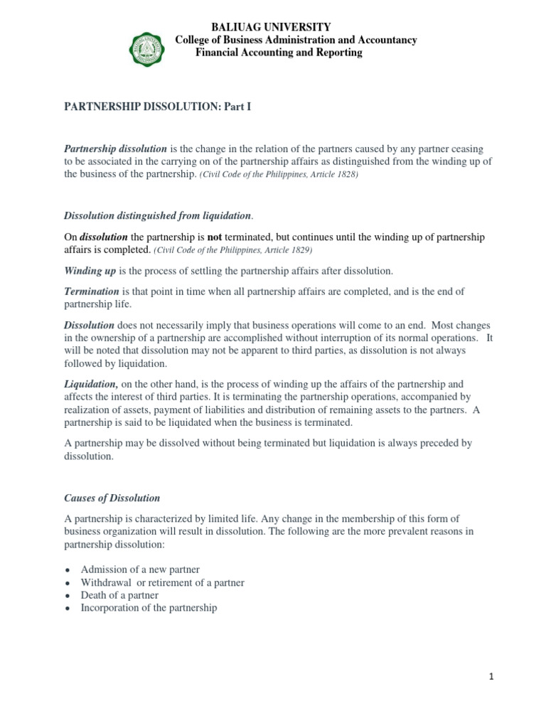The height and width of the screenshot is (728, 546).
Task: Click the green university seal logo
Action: (x=146, y=48)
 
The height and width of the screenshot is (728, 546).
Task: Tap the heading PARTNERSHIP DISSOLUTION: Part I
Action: (x=158, y=107)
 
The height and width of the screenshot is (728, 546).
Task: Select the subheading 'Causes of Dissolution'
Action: (x=112, y=498)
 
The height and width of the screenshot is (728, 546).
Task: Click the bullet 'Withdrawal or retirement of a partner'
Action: (x=162, y=582)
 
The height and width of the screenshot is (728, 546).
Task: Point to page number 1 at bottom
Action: (x=491, y=677)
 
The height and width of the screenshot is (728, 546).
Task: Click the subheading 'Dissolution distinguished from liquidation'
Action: (x=157, y=215)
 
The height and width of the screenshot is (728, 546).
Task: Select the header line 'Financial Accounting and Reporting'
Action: (x=279, y=53)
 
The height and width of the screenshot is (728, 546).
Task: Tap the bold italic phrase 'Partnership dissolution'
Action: (x=115, y=149)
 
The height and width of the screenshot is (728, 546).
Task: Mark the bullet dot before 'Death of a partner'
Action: (x=67, y=596)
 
